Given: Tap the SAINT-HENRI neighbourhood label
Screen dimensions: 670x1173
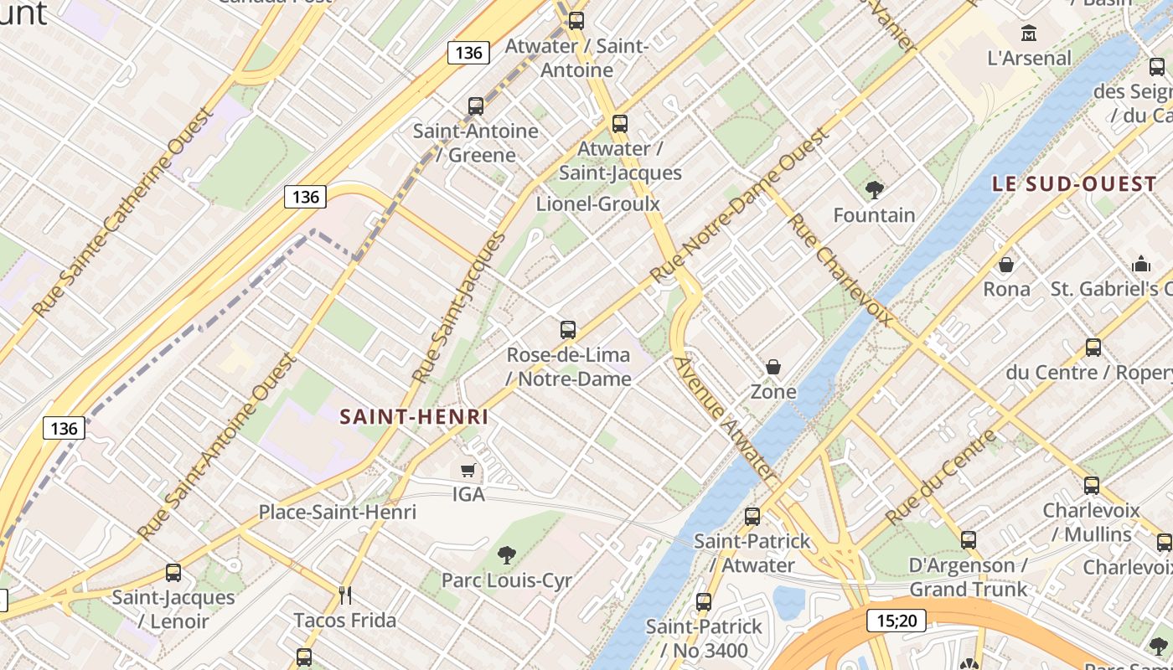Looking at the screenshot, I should click(x=414, y=416).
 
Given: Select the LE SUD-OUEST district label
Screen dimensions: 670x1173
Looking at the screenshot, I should click(x=1074, y=184).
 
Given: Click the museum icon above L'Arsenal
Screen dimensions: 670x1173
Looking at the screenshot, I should click(x=1029, y=33).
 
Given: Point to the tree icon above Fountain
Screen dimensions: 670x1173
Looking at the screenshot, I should click(x=875, y=190).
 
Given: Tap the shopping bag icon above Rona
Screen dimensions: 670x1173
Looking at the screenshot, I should click(x=1006, y=265).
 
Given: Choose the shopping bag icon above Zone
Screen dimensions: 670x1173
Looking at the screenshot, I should click(x=773, y=367).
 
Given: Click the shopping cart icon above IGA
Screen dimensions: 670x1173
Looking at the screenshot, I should click(x=468, y=471).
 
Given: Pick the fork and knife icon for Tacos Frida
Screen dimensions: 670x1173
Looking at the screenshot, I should click(x=344, y=595).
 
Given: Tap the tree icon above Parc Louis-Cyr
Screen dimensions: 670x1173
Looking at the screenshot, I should click(x=506, y=554).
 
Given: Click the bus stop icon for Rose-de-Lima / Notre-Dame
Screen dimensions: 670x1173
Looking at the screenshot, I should click(x=568, y=329).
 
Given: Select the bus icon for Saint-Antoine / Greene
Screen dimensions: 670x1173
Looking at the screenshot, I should click(x=476, y=106).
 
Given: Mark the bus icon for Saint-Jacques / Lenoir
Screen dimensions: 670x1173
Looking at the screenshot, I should click(x=173, y=573).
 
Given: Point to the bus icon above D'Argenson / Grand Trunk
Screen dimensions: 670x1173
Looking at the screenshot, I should click(x=969, y=540).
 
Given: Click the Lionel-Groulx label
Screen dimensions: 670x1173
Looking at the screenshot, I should click(x=598, y=204).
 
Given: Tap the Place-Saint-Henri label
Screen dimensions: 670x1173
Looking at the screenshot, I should click(x=337, y=512).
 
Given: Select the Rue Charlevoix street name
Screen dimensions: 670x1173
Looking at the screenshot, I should click(x=840, y=270).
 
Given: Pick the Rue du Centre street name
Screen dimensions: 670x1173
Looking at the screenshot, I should click(x=943, y=477).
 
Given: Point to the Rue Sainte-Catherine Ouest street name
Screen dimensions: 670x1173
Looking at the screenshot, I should click(x=122, y=213).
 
